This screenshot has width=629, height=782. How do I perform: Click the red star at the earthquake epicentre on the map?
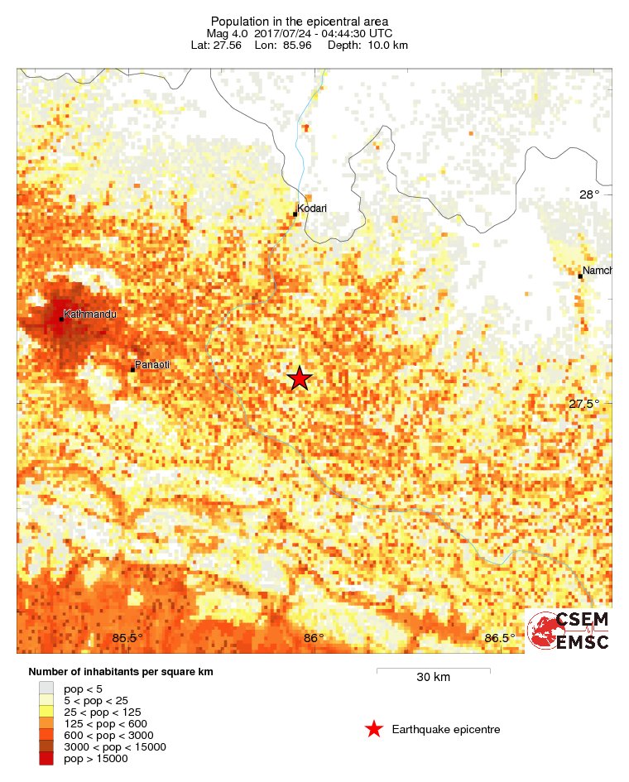(300, 378)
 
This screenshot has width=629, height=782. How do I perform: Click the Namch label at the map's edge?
(597, 271)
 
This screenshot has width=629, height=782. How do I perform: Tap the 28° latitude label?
(589, 194)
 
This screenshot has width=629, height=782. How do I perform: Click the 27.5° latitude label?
(583, 404)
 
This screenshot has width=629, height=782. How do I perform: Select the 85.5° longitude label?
(127, 637)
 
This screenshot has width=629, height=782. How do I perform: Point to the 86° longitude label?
(314, 637)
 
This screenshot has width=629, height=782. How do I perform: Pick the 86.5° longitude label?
(501, 637)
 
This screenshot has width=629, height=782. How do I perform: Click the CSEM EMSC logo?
(569, 631)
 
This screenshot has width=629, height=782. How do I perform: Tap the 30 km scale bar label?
(433, 677)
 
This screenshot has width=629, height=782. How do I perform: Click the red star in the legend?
(374, 729)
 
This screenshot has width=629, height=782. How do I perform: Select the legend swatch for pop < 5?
(46, 688)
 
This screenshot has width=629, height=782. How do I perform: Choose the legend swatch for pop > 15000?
(46, 758)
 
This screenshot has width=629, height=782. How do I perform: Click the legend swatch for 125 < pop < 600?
(46, 722)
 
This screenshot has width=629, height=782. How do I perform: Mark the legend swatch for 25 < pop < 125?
(46, 711)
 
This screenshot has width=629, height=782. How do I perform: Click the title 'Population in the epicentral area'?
(300, 21)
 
